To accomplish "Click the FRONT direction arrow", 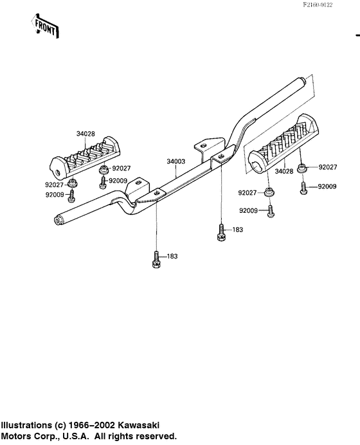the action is [x=46, y=26].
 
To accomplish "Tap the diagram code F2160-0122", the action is [x=318, y=5].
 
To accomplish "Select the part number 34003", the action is [x=176, y=161].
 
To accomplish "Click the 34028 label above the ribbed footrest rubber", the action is [x=85, y=134].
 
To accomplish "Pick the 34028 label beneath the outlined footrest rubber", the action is [x=284, y=172].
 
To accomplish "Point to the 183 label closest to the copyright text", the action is [x=172, y=257].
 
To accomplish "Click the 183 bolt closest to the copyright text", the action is [x=156, y=260].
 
